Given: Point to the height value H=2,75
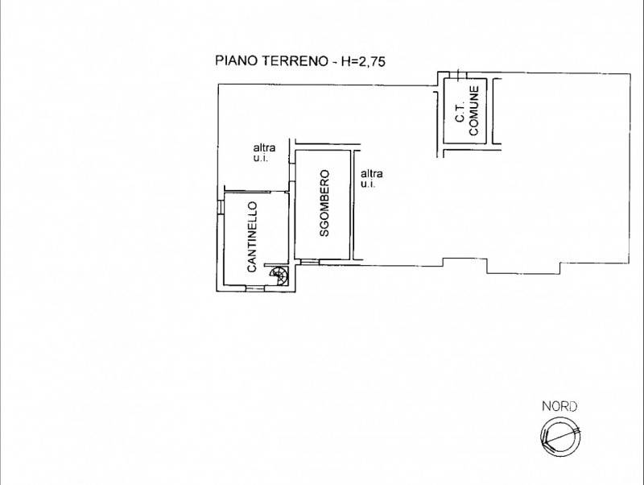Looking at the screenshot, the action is (364, 61).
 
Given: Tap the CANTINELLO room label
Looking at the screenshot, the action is (252, 237).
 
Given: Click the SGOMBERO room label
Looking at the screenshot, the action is (324, 204).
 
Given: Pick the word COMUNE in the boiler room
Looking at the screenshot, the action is (474, 110).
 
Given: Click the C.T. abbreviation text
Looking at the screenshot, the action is (460, 112).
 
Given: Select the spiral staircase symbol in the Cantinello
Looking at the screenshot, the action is (279, 275).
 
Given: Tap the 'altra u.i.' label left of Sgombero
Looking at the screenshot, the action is (264, 152).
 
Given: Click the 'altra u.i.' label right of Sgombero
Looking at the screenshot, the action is (372, 178).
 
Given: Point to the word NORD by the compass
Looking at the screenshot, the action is (559, 407).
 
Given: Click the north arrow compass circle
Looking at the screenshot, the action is (560, 436).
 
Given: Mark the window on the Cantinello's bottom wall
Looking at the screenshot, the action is (255, 288).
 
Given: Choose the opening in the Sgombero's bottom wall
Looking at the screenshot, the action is (310, 262).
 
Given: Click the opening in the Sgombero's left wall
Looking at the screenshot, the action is (292, 172).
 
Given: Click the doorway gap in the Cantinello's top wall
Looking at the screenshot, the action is (278, 192).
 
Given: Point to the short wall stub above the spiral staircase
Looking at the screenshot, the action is (276, 265).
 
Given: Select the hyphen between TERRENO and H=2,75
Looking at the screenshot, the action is (334, 62).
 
